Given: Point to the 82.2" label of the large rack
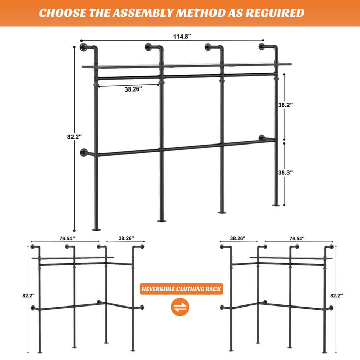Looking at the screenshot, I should pyautogui.click(x=75, y=137).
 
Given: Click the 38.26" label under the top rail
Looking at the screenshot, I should pyautogui.click(x=134, y=89).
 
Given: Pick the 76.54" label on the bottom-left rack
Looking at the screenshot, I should pyautogui.click(x=67, y=238).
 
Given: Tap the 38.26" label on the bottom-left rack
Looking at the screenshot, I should pyautogui.click(x=125, y=238).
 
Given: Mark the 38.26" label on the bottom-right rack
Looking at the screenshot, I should pyautogui.click(x=237, y=238).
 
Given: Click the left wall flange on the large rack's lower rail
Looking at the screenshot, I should pyautogui.click(x=84, y=153).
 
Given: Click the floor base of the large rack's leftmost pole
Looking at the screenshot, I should pyautogui.click(x=96, y=228).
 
